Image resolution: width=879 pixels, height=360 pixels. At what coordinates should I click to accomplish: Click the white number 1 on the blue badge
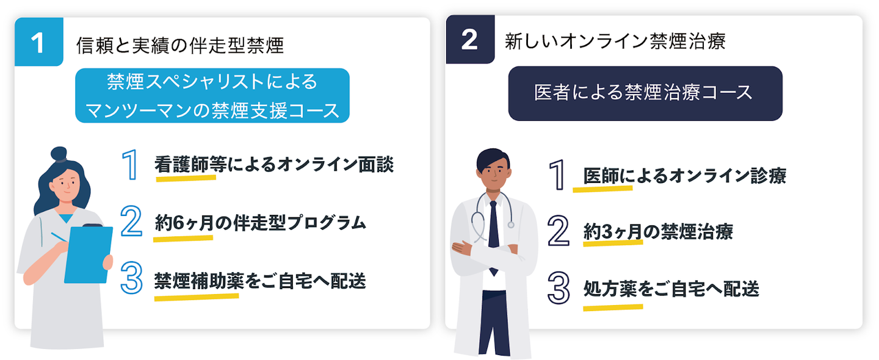coord(38,42)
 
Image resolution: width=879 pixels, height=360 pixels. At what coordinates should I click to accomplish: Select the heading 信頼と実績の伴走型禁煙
coord(180,45)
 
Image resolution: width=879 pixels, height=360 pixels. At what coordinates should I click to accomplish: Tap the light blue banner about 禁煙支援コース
coord(212,96)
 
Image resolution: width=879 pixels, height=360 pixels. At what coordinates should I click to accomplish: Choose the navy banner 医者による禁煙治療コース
coord(645,93)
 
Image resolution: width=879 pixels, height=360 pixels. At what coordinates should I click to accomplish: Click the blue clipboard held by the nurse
coord(89,254)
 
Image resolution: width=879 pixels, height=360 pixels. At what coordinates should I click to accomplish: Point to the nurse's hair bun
coord(59,153)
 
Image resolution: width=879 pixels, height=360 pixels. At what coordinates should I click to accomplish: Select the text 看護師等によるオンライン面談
coord(274,165)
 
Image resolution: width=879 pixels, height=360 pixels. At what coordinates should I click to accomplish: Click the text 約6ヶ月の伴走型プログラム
coord(261,223)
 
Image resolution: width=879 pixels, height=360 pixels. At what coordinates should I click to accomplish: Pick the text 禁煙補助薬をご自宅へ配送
coord(261,281)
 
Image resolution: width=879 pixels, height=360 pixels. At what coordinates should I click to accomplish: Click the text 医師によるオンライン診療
coord(684,176)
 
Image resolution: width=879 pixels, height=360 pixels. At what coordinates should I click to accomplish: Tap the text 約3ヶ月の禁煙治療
coord(658,232)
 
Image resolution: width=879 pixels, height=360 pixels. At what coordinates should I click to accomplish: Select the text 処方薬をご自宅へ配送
coord(671,289)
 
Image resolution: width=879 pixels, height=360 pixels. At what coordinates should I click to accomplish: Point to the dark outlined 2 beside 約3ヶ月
coord(558,231)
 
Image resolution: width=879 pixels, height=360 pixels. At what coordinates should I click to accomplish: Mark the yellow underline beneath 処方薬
coord(612,306)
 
